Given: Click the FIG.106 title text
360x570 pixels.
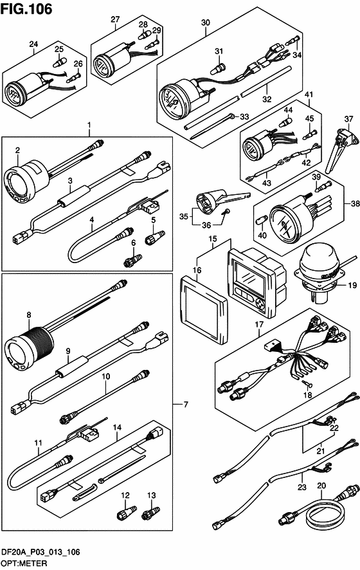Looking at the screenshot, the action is pyautogui.click(x=26, y=9).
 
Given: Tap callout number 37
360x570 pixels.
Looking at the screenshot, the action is pyautogui.click(x=348, y=119).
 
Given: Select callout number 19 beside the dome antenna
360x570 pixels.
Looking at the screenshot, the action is pyautogui.click(x=352, y=286).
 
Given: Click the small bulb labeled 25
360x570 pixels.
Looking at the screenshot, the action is pyautogui.click(x=58, y=63).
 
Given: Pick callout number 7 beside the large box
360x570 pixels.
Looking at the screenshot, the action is pyautogui.click(x=186, y=404).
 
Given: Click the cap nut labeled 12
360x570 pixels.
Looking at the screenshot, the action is pyautogui.click(x=126, y=513).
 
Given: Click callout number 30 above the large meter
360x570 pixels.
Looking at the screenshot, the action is pyautogui.click(x=206, y=22).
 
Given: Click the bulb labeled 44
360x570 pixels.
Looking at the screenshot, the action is pyautogui.click(x=286, y=122).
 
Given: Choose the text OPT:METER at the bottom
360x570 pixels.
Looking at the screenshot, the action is pyautogui.click(x=24, y=563).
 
